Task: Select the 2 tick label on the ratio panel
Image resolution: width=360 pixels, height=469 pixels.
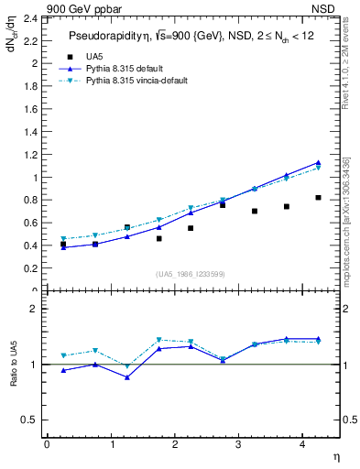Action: [34, 310]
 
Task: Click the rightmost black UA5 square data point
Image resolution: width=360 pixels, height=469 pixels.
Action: [318, 197]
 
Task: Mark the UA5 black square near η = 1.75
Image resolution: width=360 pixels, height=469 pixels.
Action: [158, 238]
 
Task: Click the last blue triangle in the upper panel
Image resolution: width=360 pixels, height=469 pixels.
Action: [318, 162]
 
